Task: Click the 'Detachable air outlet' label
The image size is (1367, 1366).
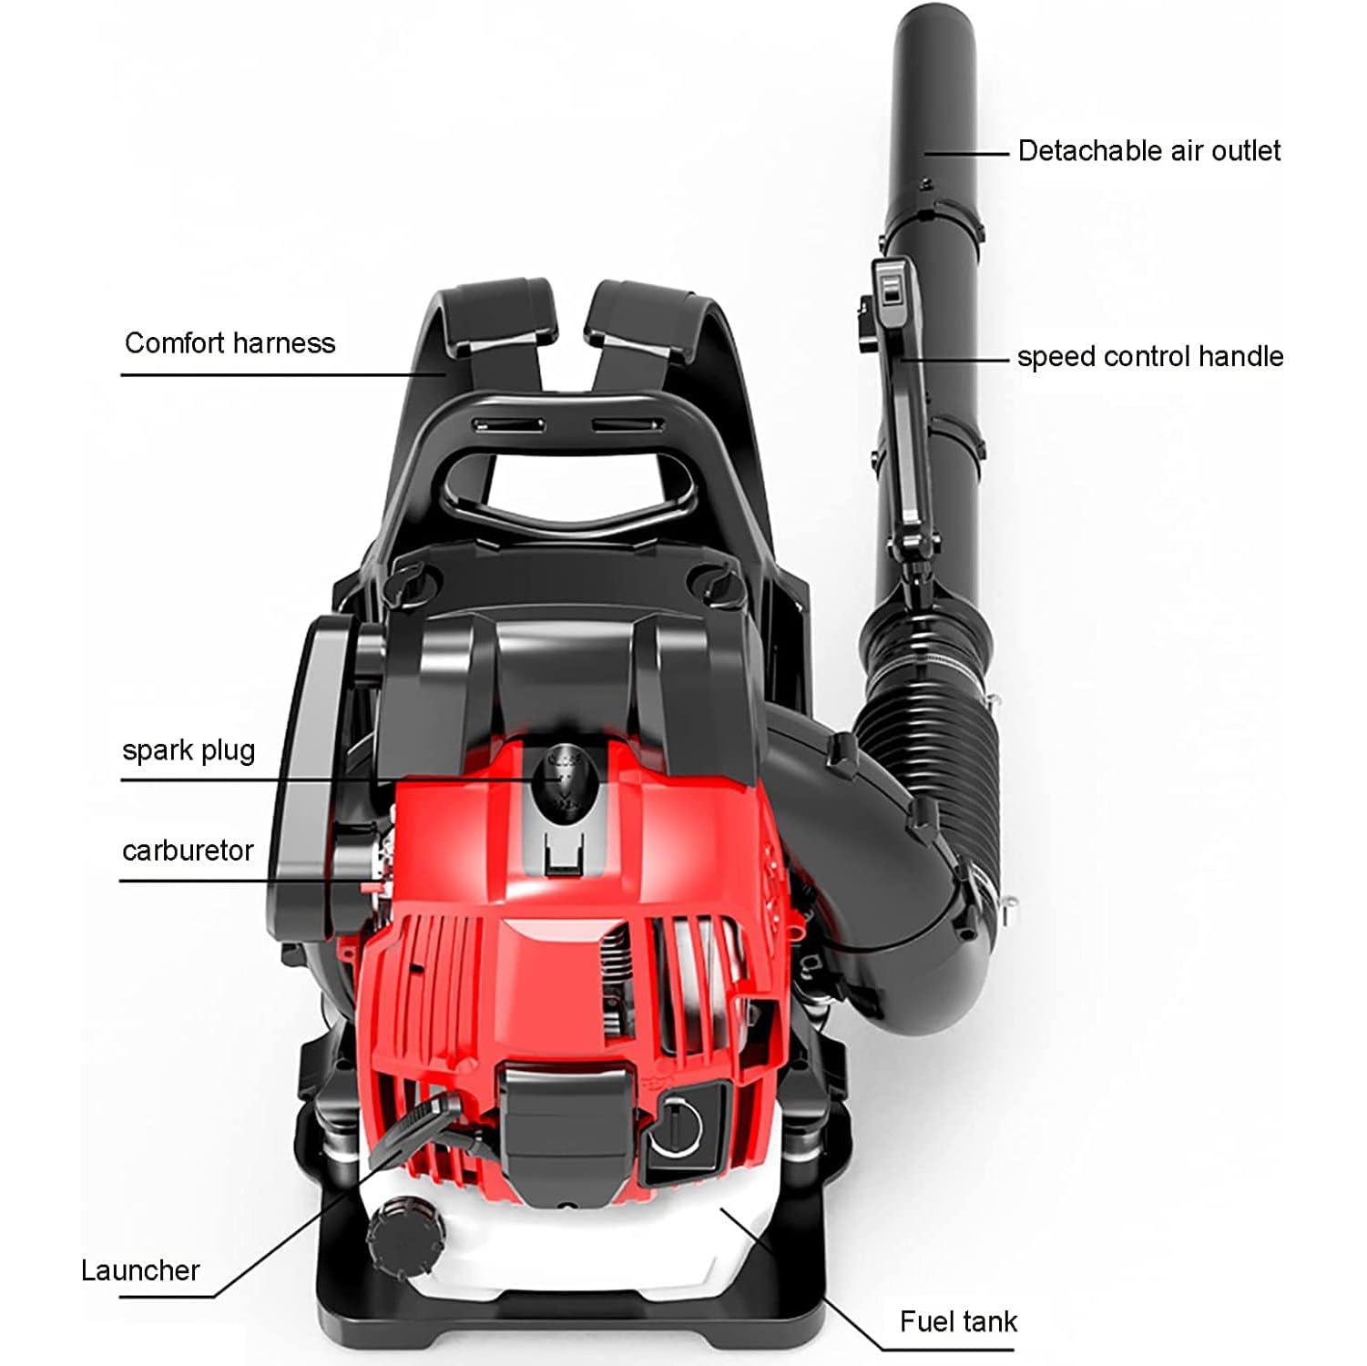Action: click(1148, 150)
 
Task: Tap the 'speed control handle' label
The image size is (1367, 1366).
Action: click(1149, 356)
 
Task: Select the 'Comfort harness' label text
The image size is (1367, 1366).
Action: click(230, 343)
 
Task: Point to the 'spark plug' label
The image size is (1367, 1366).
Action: click(189, 751)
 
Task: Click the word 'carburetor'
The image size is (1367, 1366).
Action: click(188, 851)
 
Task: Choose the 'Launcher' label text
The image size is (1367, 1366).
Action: click(140, 1270)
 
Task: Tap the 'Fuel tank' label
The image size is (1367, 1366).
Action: click(958, 1321)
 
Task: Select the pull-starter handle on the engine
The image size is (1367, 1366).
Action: click(410, 1130)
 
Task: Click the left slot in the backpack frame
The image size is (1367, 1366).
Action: click(508, 424)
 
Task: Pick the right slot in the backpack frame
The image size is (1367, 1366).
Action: click(629, 424)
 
